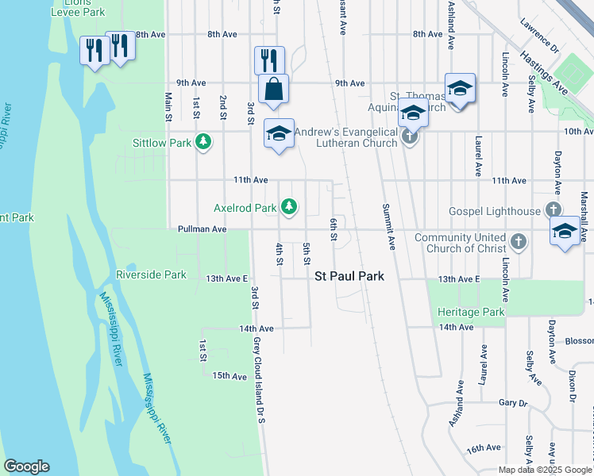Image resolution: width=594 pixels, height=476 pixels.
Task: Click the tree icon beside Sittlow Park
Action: (204, 143)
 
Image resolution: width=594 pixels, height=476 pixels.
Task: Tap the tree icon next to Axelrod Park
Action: (290, 208)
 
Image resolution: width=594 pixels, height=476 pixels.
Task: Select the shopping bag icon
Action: (273, 89)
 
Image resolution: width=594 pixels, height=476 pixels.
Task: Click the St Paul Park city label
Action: (349, 277)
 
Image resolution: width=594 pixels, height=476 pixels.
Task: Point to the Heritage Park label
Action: (471, 312)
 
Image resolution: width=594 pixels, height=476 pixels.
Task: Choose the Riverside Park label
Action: (151, 275)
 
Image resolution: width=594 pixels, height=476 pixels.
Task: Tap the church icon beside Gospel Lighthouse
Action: (553, 211)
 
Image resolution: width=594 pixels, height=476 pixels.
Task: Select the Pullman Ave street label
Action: (202, 229)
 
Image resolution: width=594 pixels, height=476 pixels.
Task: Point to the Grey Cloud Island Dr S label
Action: (258, 380)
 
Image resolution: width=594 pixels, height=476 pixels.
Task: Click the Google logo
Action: (26, 466)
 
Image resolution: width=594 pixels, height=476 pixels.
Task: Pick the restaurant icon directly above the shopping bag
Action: (269, 59)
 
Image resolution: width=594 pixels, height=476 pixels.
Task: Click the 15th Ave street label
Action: (229, 376)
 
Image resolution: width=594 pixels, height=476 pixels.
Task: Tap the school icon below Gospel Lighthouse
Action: (565, 232)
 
